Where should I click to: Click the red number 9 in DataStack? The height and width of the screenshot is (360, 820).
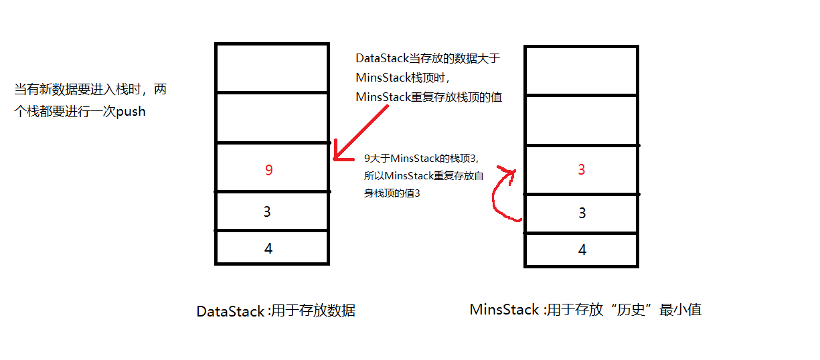268,170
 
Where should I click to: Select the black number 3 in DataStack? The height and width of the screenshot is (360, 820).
267,211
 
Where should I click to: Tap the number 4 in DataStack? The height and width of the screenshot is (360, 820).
268,248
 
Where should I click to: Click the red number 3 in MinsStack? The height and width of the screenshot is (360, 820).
581,170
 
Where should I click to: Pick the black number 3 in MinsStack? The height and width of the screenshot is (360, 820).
582,213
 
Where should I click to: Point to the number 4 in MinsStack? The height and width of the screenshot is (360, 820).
582,250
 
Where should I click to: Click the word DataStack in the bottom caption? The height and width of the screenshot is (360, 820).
230,311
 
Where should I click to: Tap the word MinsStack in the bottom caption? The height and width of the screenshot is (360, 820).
504,310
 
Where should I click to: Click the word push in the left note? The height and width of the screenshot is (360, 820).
131,112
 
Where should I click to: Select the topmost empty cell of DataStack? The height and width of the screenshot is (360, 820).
272,68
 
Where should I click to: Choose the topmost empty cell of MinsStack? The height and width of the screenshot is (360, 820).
581,71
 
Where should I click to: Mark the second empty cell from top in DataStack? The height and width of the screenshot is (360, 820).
272,118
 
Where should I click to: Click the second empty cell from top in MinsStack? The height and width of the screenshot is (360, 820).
581,120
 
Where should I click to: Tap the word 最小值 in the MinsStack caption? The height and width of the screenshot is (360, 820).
681,310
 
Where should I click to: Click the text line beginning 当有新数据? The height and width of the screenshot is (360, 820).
90,90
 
